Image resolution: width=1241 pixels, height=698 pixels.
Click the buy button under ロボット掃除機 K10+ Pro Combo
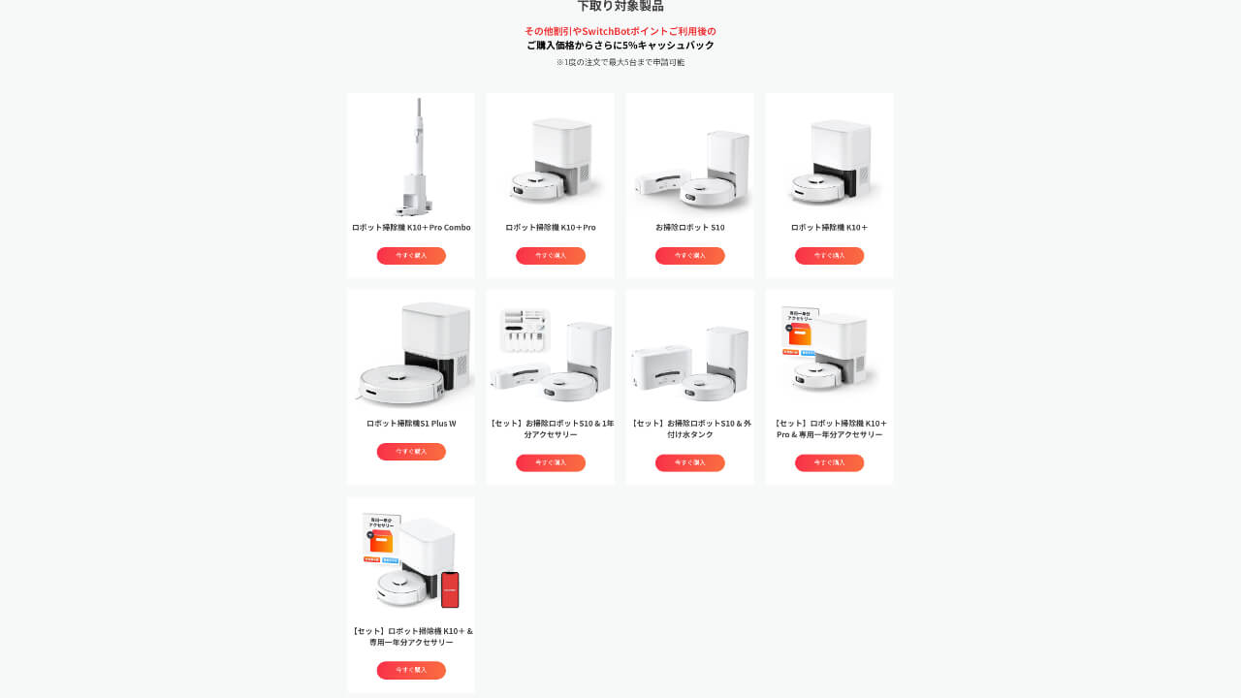411,256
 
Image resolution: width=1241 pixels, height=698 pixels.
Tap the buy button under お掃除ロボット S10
689,256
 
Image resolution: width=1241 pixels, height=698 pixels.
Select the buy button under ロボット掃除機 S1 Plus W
411,452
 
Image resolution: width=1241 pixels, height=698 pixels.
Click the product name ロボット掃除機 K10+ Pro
550,228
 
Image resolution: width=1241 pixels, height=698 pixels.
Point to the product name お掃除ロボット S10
689,228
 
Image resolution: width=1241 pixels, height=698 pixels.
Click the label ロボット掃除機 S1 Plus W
411,424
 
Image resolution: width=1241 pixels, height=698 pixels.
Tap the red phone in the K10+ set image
450,589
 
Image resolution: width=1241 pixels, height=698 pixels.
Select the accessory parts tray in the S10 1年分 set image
525,331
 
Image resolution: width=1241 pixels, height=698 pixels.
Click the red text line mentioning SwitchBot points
620,31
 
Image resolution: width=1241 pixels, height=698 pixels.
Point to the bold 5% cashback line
620,46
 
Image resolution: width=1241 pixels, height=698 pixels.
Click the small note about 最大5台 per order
620,62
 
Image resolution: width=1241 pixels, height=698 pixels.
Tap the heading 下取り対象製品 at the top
620,7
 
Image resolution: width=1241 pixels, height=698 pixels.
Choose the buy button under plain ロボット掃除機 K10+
829,256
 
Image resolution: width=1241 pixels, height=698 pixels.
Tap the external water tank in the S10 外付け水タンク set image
661,369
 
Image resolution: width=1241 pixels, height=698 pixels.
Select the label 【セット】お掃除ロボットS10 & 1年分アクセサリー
550,428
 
